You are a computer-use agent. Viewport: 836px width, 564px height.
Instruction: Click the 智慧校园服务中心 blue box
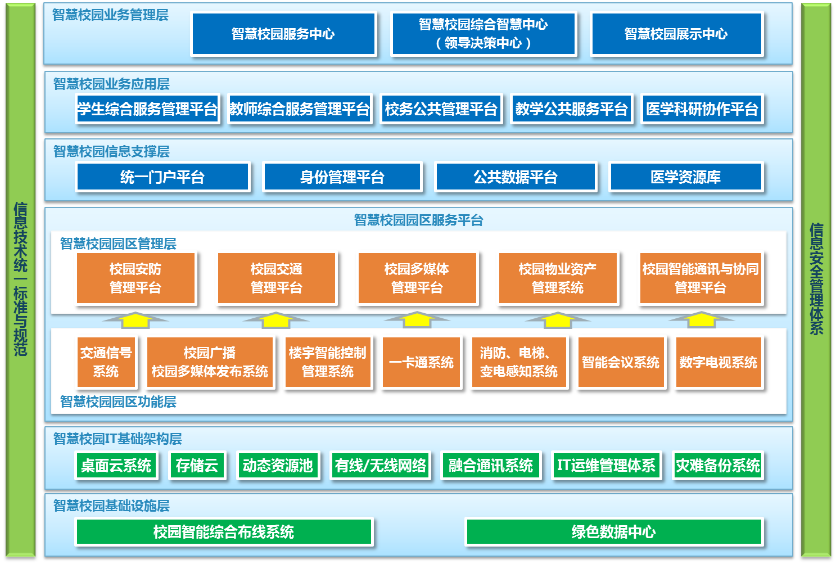(x=284, y=34)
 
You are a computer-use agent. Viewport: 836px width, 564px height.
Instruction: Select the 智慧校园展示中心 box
(x=676, y=34)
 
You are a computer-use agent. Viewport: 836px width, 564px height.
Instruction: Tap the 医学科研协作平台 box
(x=702, y=109)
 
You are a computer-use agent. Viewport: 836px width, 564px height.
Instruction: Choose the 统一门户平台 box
(x=162, y=177)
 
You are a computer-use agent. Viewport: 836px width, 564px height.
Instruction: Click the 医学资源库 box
(x=685, y=177)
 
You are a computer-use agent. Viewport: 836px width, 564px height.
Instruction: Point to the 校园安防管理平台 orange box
(x=135, y=278)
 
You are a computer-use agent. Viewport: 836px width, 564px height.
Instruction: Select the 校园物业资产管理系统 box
(x=558, y=278)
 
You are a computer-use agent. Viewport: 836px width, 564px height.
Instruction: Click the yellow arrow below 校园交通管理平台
(x=276, y=321)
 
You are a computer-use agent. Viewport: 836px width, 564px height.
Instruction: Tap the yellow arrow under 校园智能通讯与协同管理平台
(x=701, y=321)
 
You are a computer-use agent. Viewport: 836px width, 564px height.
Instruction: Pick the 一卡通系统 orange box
(x=421, y=362)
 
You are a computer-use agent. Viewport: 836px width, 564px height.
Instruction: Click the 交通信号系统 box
(x=106, y=362)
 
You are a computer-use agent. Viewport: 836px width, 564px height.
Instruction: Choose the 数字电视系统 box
(x=718, y=362)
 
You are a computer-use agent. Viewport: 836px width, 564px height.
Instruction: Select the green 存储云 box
(x=197, y=465)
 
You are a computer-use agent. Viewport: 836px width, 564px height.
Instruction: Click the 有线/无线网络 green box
(x=380, y=465)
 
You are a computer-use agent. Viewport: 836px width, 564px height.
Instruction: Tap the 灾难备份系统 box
(x=718, y=465)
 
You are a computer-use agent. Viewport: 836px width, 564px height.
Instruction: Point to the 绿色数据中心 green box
(x=614, y=531)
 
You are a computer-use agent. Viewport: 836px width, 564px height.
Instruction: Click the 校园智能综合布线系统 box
(x=224, y=531)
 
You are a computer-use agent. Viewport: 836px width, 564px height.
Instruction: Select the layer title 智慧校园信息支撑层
(x=111, y=152)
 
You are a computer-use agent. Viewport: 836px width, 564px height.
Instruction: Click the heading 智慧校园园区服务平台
(x=418, y=220)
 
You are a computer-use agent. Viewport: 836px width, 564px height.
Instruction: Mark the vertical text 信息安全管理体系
(x=816, y=279)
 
